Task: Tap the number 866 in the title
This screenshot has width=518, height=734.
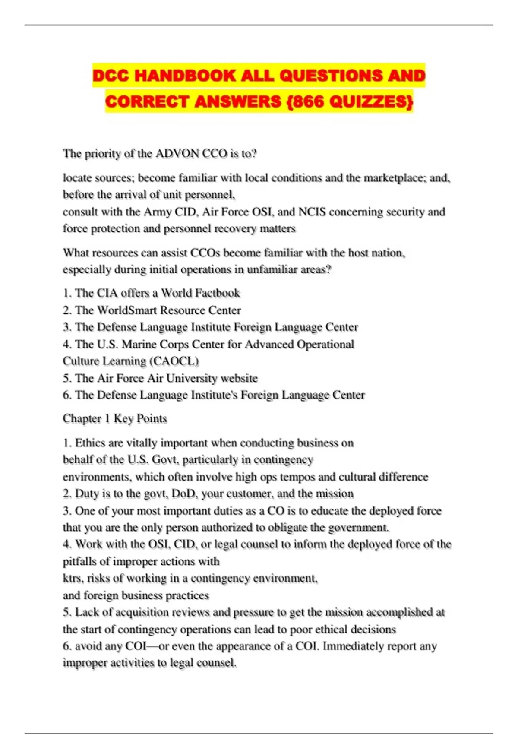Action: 310,102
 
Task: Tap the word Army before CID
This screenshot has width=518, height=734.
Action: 158,212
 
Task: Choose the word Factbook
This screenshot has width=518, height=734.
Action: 218,293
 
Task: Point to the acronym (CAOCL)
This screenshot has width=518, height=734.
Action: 174,361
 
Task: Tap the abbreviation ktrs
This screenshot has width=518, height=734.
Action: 72,579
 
